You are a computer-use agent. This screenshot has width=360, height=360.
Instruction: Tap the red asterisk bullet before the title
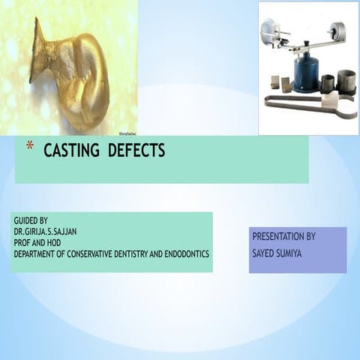tap(29, 145)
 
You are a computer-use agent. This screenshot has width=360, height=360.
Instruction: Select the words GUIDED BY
tap(31, 220)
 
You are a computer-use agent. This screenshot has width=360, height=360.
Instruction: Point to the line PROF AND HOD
tap(38, 243)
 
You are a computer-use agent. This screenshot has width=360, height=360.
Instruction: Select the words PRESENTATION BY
tap(283, 236)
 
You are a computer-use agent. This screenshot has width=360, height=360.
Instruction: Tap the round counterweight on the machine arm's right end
tap(337, 31)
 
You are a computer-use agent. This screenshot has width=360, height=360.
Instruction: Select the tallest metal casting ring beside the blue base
tap(346, 81)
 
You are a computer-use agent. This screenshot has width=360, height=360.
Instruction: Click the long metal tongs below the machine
tap(300, 103)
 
